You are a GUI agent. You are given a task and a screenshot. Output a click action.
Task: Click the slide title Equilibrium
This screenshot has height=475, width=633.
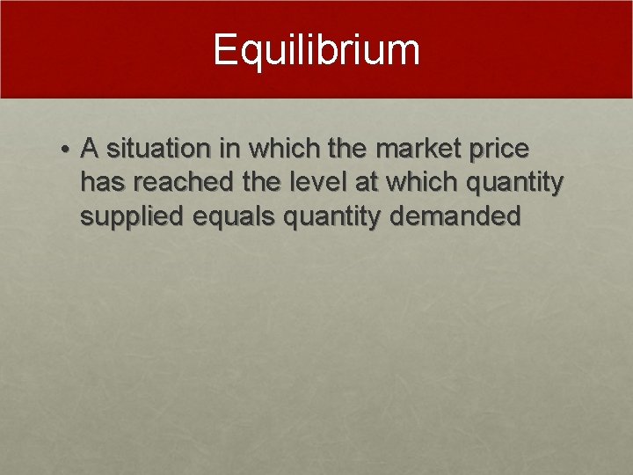point(316,50)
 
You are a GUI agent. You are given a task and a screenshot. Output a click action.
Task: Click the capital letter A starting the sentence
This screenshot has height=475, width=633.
point(89,149)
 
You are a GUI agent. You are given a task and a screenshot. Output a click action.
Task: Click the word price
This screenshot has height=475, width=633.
point(498,150)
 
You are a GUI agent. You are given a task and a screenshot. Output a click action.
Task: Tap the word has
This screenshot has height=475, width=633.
point(99,182)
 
